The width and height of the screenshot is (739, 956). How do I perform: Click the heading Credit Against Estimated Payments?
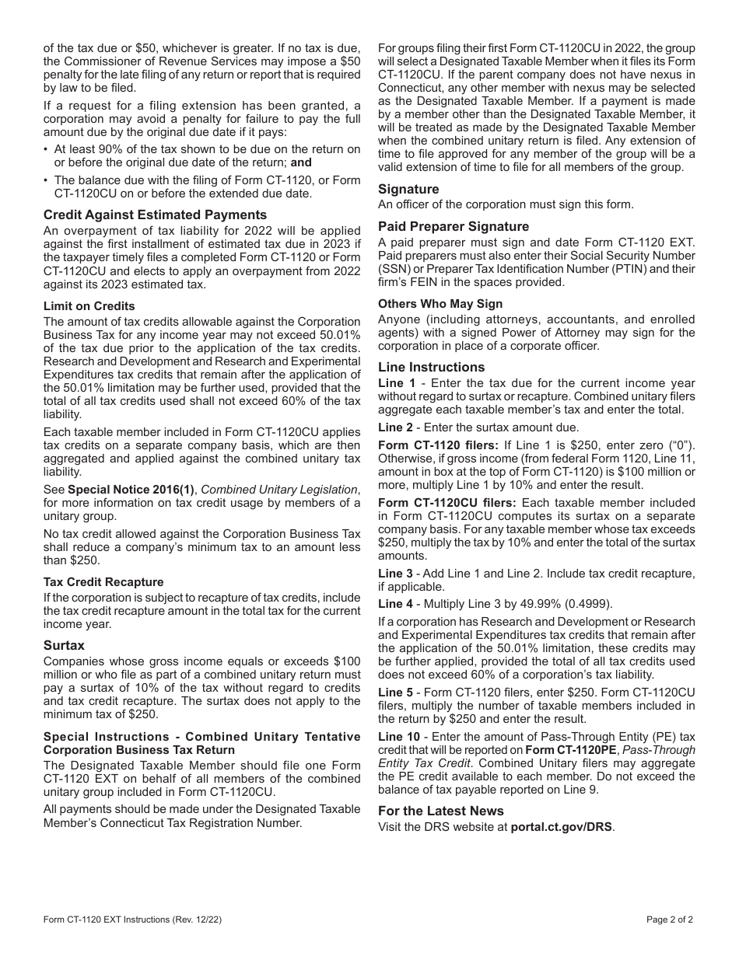(x=155, y=215)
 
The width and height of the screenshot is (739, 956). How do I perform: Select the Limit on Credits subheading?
(x=89, y=306)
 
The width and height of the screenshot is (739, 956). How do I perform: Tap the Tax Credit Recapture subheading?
(x=103, y=582)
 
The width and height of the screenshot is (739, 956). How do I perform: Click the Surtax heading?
(x=64, y=645)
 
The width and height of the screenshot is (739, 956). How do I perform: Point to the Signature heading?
(x=408, y=189)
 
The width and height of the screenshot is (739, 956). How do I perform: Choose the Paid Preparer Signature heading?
(x=454, y=226)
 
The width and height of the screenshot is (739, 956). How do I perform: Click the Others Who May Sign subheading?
(x=440, y=304)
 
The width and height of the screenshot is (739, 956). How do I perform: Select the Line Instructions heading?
(x=431, y=367)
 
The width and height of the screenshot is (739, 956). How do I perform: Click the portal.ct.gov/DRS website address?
(x=562, y=827)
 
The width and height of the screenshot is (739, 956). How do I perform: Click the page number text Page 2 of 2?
(x=669, y=919)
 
